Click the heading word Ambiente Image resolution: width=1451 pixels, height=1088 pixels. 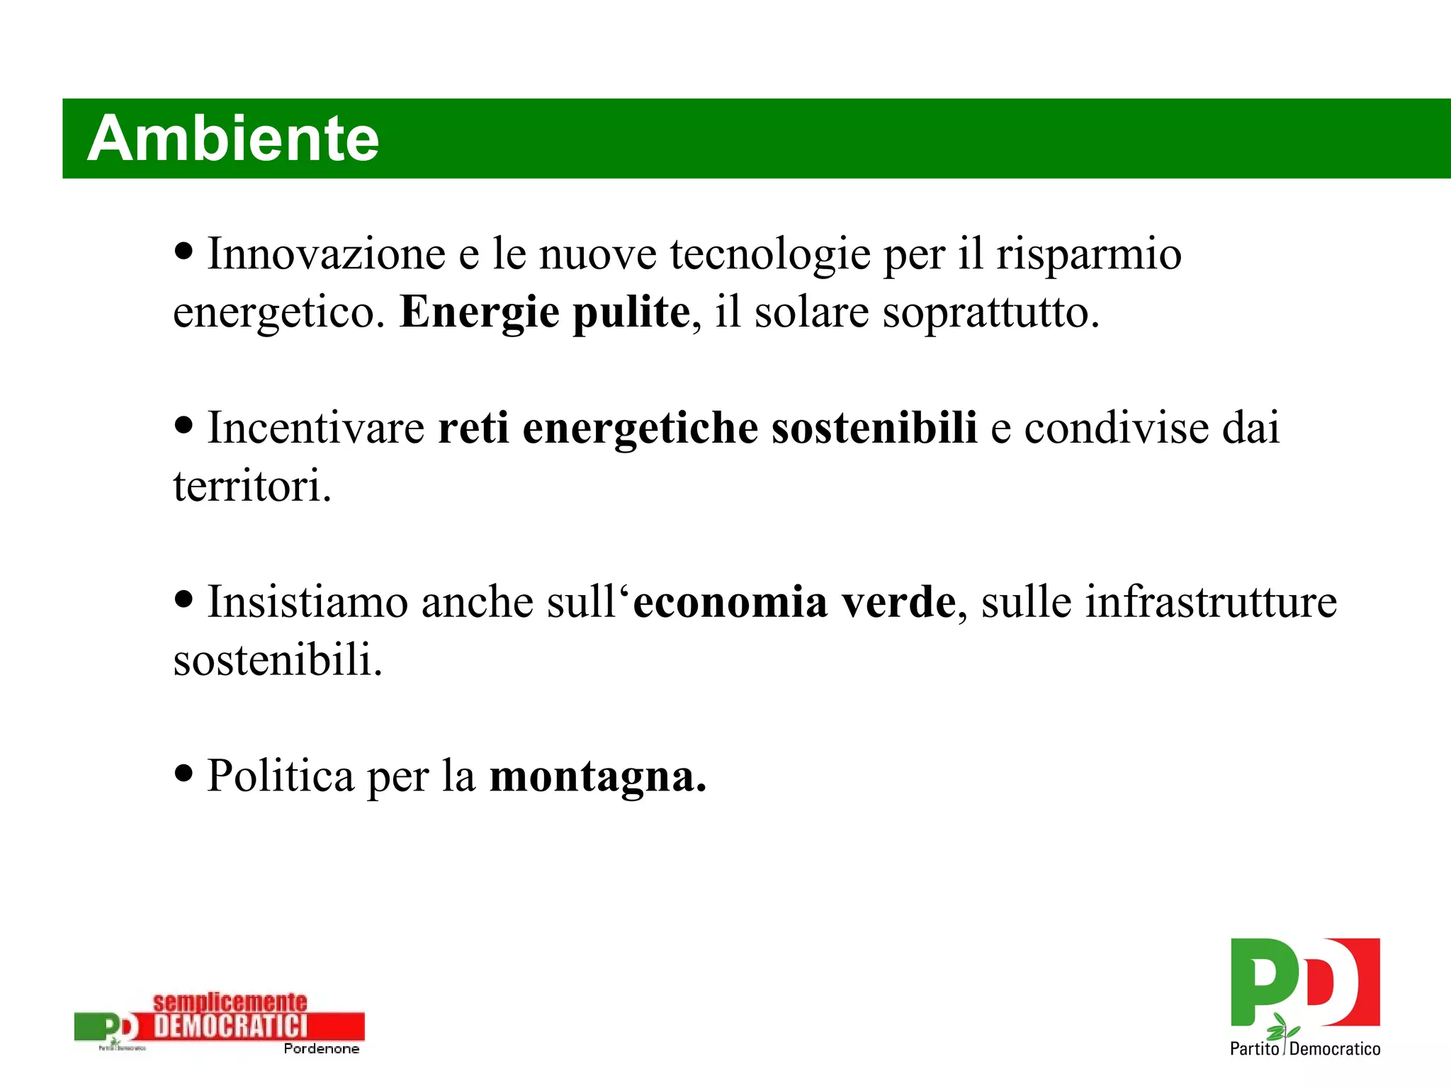233,138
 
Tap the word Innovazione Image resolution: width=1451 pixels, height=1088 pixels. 327,254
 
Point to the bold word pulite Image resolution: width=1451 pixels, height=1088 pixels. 631,313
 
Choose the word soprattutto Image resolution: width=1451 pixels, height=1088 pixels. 990,313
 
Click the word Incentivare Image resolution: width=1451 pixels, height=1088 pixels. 316,428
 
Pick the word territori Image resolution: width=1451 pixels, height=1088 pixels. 252,487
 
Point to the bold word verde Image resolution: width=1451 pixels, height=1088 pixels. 898,602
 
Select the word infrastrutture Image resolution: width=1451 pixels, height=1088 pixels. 1211,602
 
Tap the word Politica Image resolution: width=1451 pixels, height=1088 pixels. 281,776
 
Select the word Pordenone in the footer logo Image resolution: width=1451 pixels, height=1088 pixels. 321,1049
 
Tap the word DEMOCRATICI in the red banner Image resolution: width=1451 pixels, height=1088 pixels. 231,1026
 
